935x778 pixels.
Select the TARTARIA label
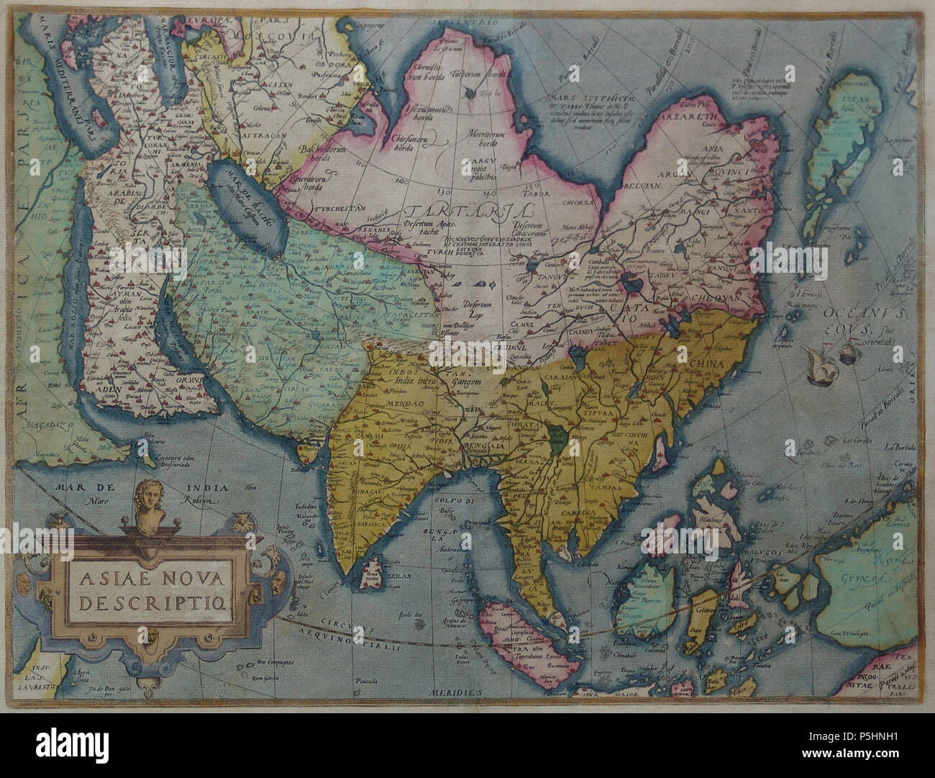point(467,213)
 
